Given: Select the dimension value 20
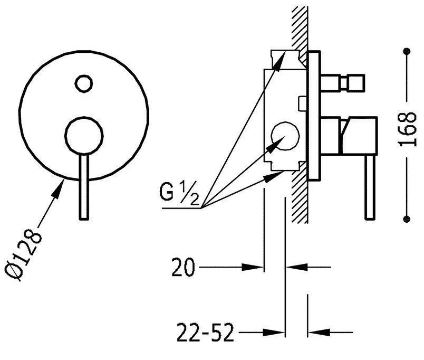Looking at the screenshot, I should [183, 268].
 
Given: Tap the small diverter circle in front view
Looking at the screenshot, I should [83, 82].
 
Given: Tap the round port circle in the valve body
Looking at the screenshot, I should [284, 136].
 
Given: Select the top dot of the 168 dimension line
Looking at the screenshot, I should [407, 51].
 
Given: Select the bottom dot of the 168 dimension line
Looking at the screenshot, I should [407, 219].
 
